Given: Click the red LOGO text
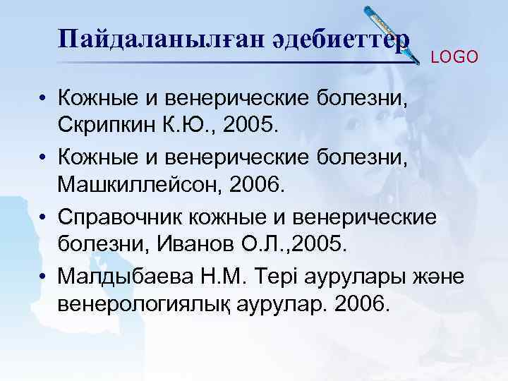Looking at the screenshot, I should point(454,57).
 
